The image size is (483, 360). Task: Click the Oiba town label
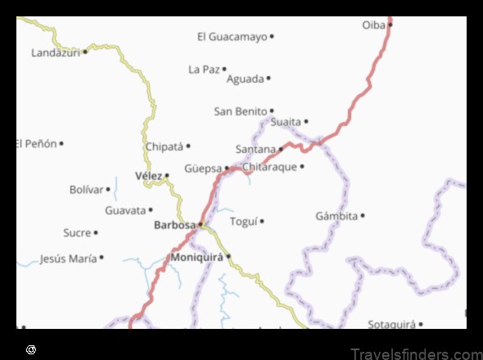[x=373, y=25]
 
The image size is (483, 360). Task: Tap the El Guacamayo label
[x=232, y=37]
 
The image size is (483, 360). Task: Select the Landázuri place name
[x=56, y=52]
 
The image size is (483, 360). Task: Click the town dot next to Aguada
[x=269, y=79]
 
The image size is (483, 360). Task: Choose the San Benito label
[x=241, y=110]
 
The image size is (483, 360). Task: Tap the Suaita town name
[x=286, y=122]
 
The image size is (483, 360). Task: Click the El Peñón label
[x=36, y=144]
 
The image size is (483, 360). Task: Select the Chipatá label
[x=164, y=147]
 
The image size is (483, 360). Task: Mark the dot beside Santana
[x=281, y=149]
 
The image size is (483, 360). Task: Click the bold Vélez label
[x=148, y=176]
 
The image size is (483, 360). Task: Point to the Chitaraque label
[x=269, y=167]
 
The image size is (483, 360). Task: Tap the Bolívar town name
[x=87, y=190]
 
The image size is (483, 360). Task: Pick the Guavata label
[x=124, y=210]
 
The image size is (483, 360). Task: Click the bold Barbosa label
[x=174, y=224]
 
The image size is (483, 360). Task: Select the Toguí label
[x=243, y=221]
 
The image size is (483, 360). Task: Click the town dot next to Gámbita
[x=363, y=216]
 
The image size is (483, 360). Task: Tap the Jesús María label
[x=68, y=259]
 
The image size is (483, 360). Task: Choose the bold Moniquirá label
[x=196, y=258]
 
